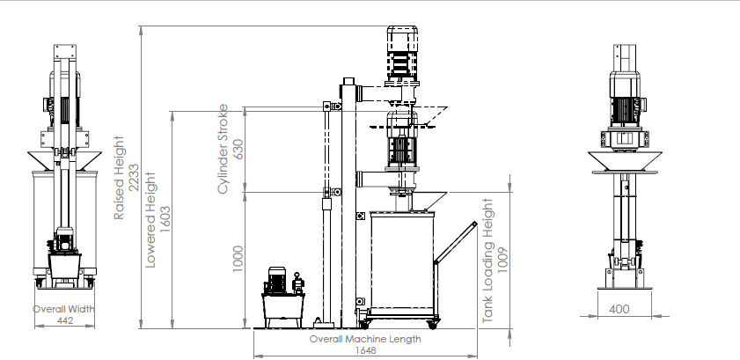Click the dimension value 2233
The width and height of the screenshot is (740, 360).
coord(134,178)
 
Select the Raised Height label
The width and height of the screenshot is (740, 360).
coord(120,178)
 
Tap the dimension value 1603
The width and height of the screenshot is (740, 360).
coord(165,219)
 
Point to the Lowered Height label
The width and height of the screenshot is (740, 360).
coord(150,220)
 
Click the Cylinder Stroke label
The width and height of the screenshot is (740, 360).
coord(223,149)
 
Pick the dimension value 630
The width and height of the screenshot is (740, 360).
coord(238,149)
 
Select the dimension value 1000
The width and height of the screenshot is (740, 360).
coord(238,259)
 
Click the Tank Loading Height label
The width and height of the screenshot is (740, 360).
coord(488,261)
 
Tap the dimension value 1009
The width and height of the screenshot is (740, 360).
coord(502,260)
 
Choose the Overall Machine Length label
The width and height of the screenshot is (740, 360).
coord(365,339)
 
